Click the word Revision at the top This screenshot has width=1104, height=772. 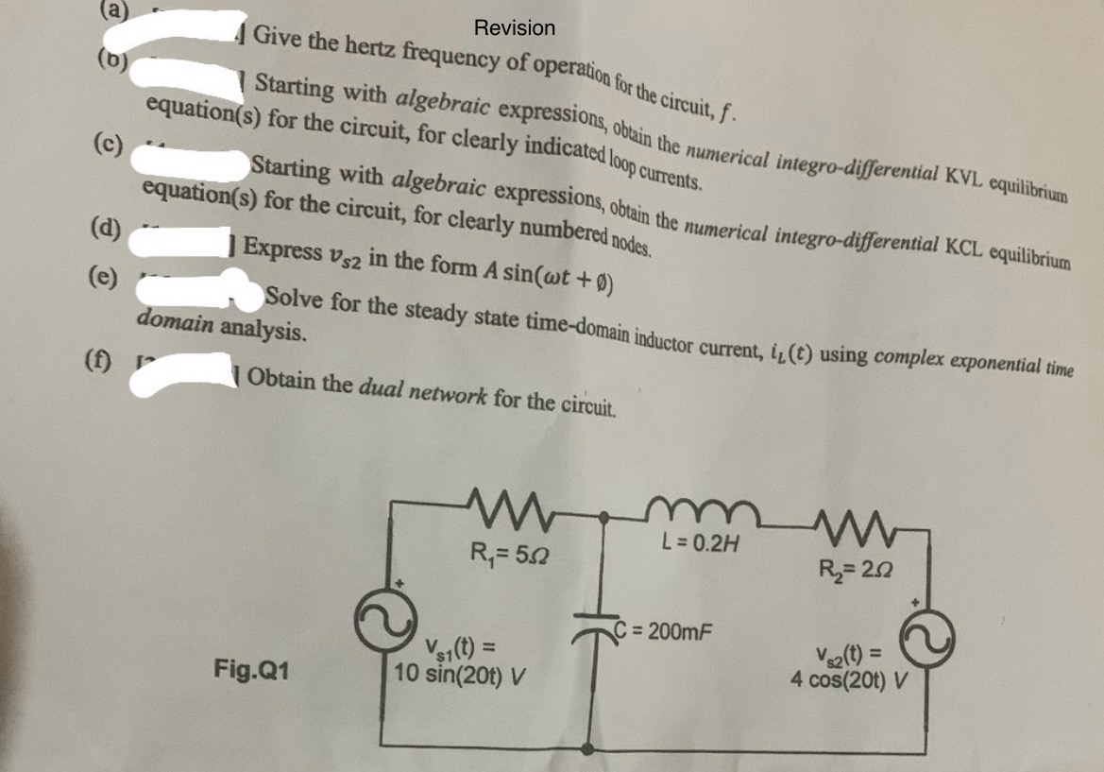515,28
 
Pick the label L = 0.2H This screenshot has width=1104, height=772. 699,544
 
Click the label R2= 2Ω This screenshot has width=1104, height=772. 852,569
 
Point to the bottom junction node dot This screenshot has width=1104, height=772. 587,748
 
